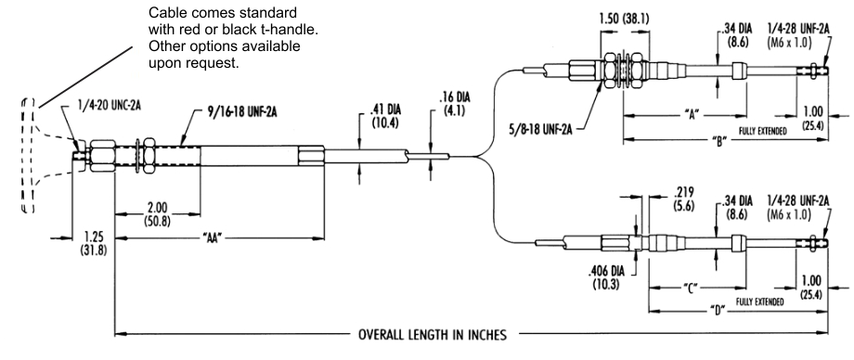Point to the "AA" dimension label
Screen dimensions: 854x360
pos(214,238)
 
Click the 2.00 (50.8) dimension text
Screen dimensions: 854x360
pos(156,214)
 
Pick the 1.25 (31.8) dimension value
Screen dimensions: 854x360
pos(95,245)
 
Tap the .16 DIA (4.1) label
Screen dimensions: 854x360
pos(454,104)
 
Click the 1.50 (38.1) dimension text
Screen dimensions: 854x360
pos(626,19)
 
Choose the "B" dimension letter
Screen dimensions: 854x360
pos(720,139)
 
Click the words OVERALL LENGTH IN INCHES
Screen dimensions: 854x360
pos(432,334)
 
